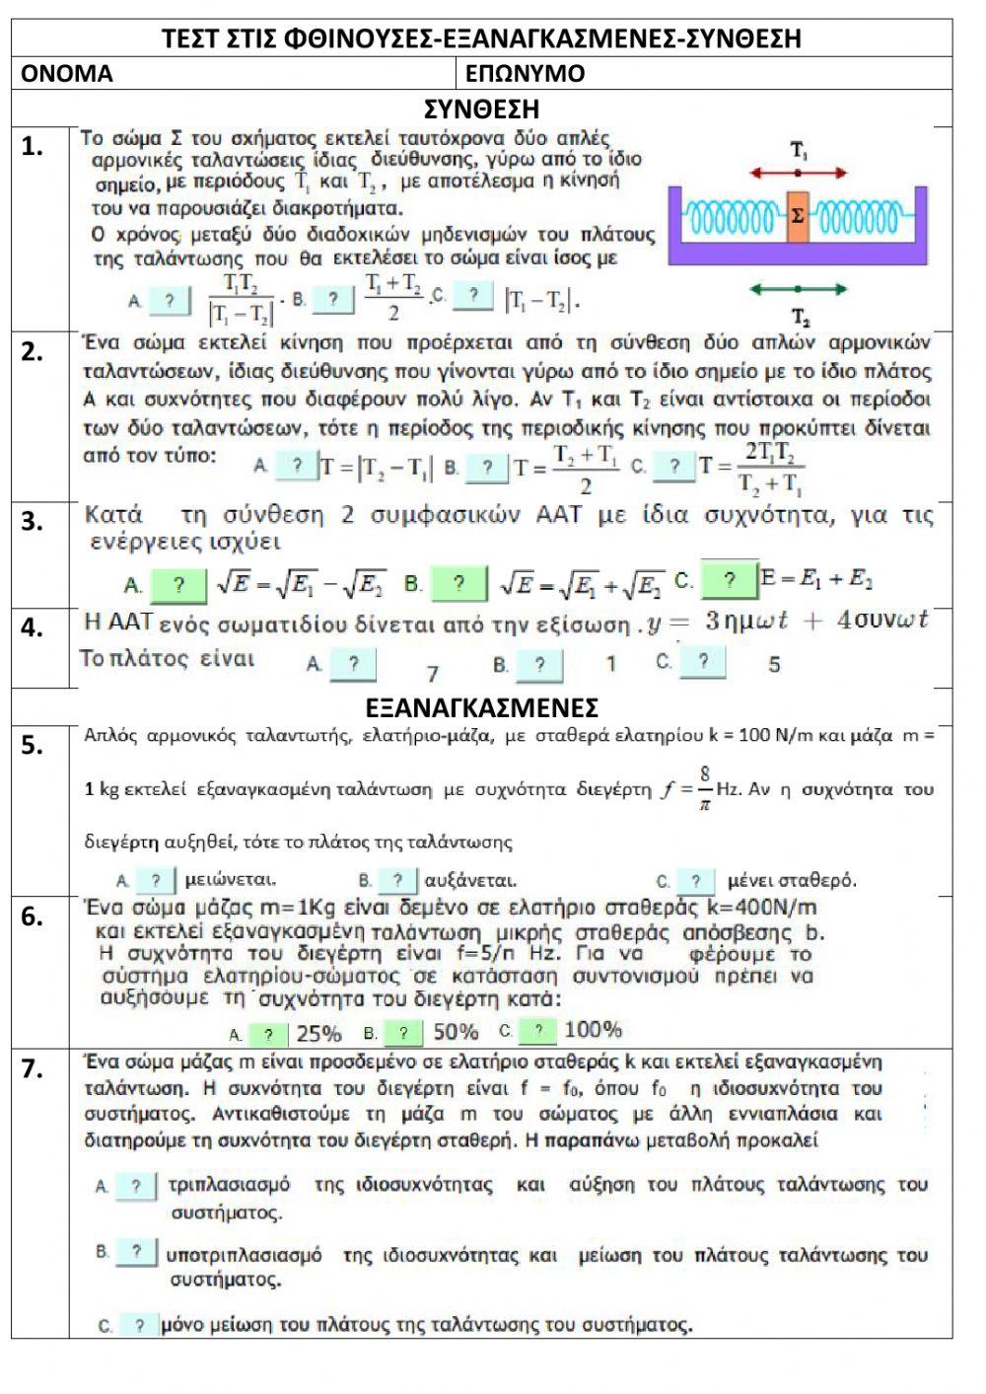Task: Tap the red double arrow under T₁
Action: coord(798,173)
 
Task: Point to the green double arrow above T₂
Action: coord(798,289)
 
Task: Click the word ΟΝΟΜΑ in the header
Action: coord(67,74)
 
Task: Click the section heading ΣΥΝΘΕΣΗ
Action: coord(481,108)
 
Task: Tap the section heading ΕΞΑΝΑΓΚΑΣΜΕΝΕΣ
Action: coord(481,708)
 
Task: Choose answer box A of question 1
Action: coord(170,300)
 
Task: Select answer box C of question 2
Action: coord(674,467)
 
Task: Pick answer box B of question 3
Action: coord(458,584)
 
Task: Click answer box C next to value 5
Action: coord(702,662)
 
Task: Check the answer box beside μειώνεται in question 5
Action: coord(156,880)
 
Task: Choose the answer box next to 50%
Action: coord(401,1033)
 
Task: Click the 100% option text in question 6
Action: coord(594,1031)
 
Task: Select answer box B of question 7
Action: coord(136,1254)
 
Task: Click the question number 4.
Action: coord(32,628)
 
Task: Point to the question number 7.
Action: coord(32,1068)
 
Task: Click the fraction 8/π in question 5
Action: coord(705,788)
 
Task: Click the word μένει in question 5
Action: coord(751,880)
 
